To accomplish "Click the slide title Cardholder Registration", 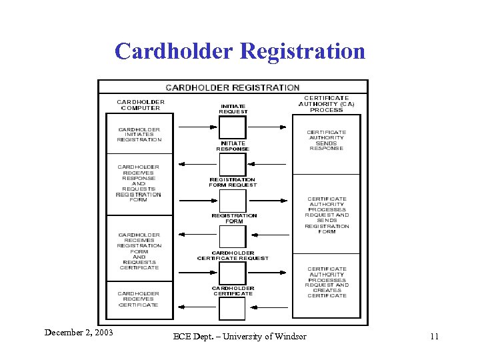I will click(x=240, y=51).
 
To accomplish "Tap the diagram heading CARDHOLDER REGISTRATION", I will click(x=233, y=87).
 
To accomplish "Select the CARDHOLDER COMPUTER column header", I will click(x=141, y=105).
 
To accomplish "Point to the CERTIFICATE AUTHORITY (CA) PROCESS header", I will click(x=327, y=104).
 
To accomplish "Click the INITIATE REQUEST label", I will click(x=233, y=109).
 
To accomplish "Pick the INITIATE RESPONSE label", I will click(x=233, y=146).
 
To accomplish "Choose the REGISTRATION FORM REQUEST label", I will click(x=233, y=182).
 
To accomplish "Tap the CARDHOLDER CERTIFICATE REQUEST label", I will click(x=233, y=255).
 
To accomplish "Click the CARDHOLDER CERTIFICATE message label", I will click(x=233, y=291).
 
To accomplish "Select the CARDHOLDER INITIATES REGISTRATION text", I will click(x=139, y=135).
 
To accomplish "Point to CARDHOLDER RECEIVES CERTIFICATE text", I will click(x=139, y=299).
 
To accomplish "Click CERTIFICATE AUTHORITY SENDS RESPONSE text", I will click(x=327, y=140).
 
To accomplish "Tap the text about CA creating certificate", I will click(x=327, y=283).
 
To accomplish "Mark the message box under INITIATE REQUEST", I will click(x=233, y=127).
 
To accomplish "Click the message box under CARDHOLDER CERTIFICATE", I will click(x=233, y=309).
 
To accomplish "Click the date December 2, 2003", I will click(x=79, y=332).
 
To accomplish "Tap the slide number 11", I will click(x=434, y=337).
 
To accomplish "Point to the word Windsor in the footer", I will click(x=290, y=337).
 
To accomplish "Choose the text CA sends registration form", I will click(x=327, y=215).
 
